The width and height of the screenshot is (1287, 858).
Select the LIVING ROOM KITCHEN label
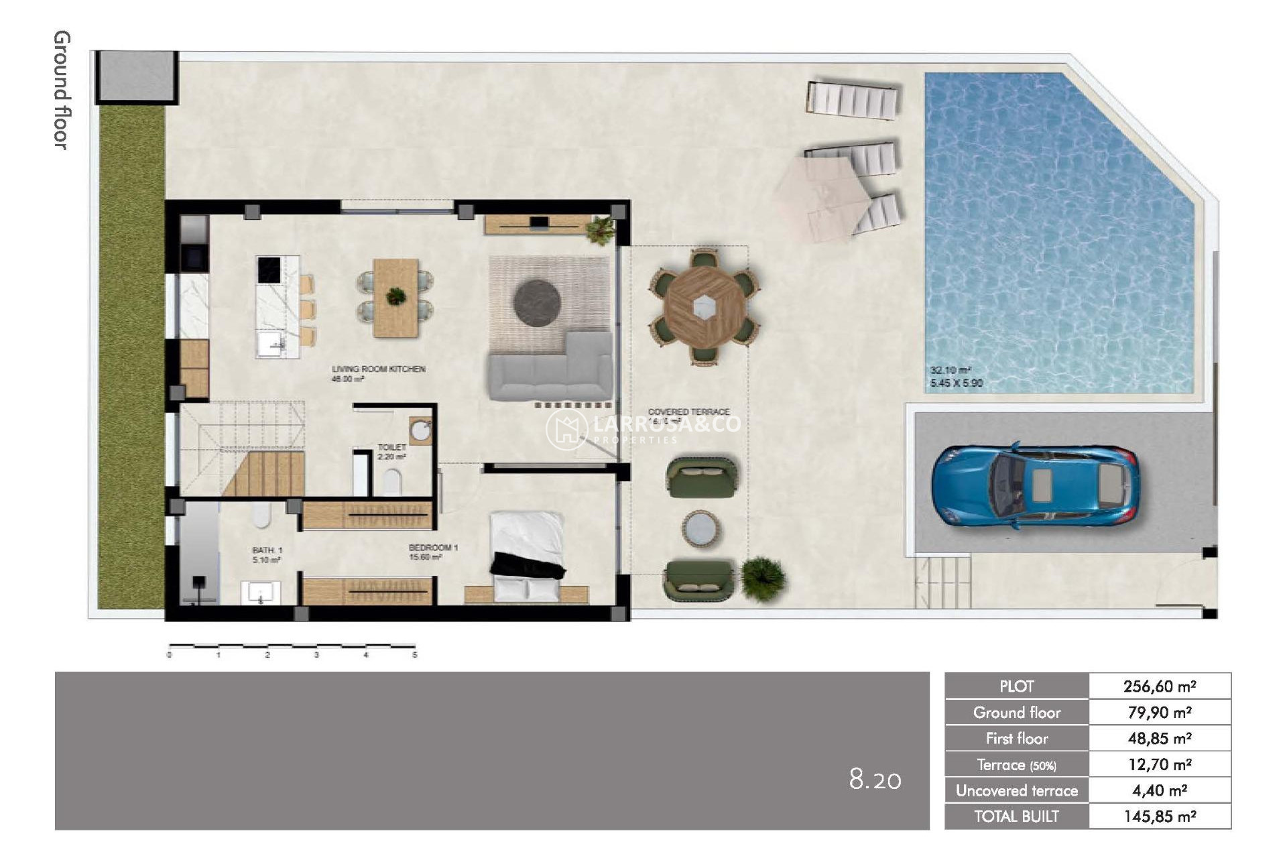tap(378, 369)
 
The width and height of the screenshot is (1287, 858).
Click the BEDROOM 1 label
tap(433, 548)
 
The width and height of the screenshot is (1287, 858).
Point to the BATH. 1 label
tap(267, 550)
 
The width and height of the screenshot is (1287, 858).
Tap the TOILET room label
tap(391, 447)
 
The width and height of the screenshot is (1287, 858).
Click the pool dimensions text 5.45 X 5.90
tap(956, 383)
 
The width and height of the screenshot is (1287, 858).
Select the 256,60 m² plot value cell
tap(1159, 686)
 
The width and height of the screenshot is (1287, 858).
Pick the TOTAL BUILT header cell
tap(1016, 816)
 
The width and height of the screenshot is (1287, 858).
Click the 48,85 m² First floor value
tap(1159, 739)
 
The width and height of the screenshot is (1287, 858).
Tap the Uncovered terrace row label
tap(1016, 791)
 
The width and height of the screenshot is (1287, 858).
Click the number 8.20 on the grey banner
tap(875, 780)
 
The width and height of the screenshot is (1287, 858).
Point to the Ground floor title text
tap(61, 90)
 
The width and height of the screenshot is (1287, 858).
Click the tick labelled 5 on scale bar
tap(415, 654)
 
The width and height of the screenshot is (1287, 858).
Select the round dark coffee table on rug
tap(537, 303)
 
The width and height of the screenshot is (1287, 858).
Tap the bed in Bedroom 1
tap(527, 553)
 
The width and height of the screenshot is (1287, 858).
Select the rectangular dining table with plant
tap(395, 298)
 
